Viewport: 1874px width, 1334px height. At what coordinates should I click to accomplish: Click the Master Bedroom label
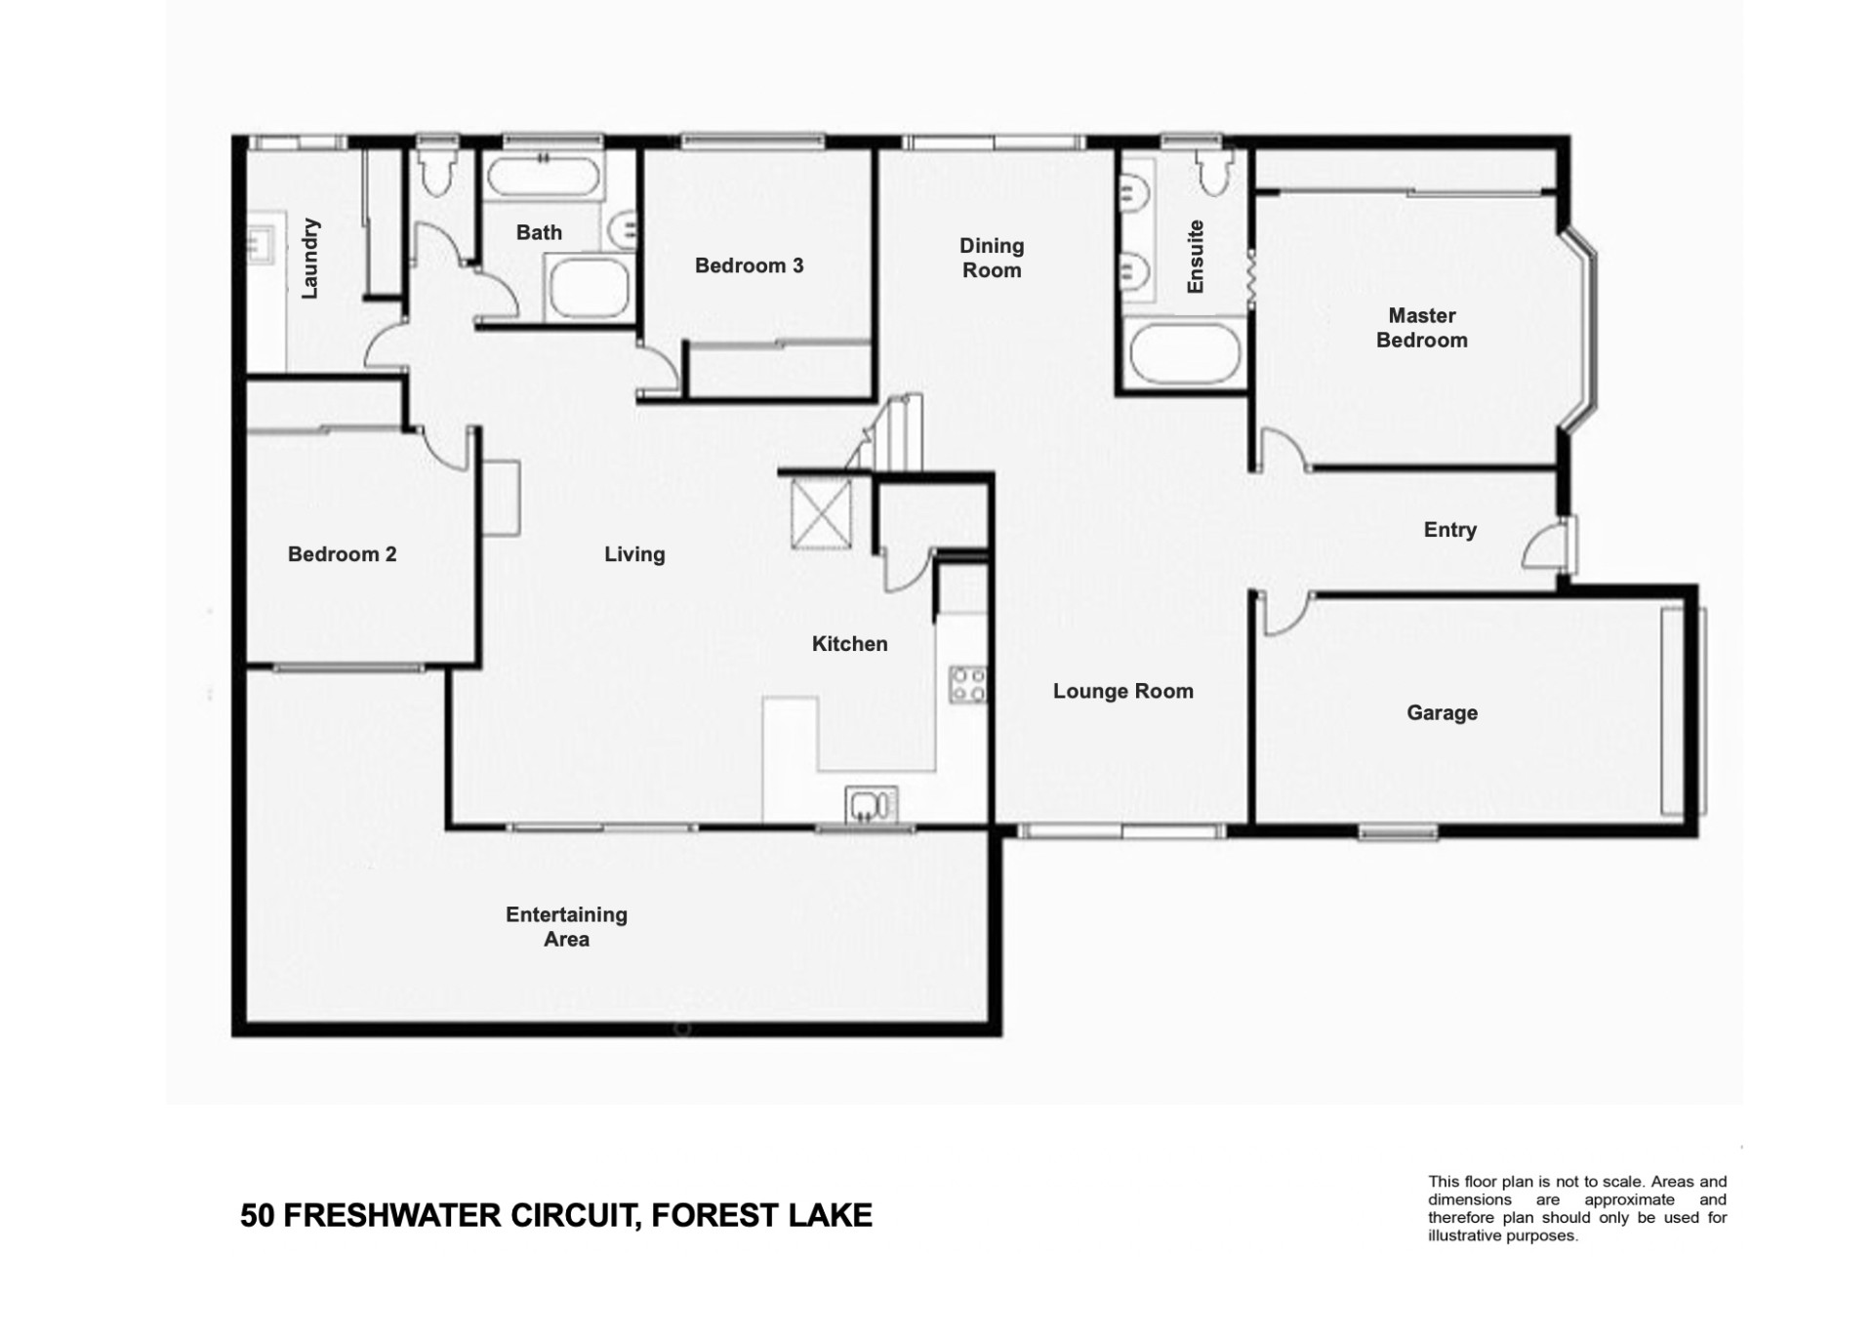[1421, 328]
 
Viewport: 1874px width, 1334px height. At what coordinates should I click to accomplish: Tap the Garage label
[1442, 713]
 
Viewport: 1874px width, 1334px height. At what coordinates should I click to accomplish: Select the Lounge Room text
[1122, 691]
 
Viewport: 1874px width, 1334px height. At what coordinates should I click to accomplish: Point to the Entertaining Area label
[566, 927]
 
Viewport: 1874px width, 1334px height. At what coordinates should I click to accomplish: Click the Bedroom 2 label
[342, 554]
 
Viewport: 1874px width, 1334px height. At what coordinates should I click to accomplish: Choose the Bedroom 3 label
[749, 265]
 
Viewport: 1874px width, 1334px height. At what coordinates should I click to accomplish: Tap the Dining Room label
[992, 258]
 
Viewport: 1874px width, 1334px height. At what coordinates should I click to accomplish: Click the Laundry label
[309, 259]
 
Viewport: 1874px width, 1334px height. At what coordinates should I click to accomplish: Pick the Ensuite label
[1195, 257]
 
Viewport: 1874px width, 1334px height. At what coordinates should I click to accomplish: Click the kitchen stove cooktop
[967, 684]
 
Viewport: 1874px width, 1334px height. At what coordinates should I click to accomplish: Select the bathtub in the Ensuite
[1184, 353]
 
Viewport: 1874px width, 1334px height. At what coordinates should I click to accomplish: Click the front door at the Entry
[1550, 545]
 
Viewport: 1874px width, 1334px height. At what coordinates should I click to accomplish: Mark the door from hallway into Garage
[1286, 613]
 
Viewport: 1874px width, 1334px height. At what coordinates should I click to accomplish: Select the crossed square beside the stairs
[821, 513]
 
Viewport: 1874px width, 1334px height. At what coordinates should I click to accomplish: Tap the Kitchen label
[849, 644]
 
